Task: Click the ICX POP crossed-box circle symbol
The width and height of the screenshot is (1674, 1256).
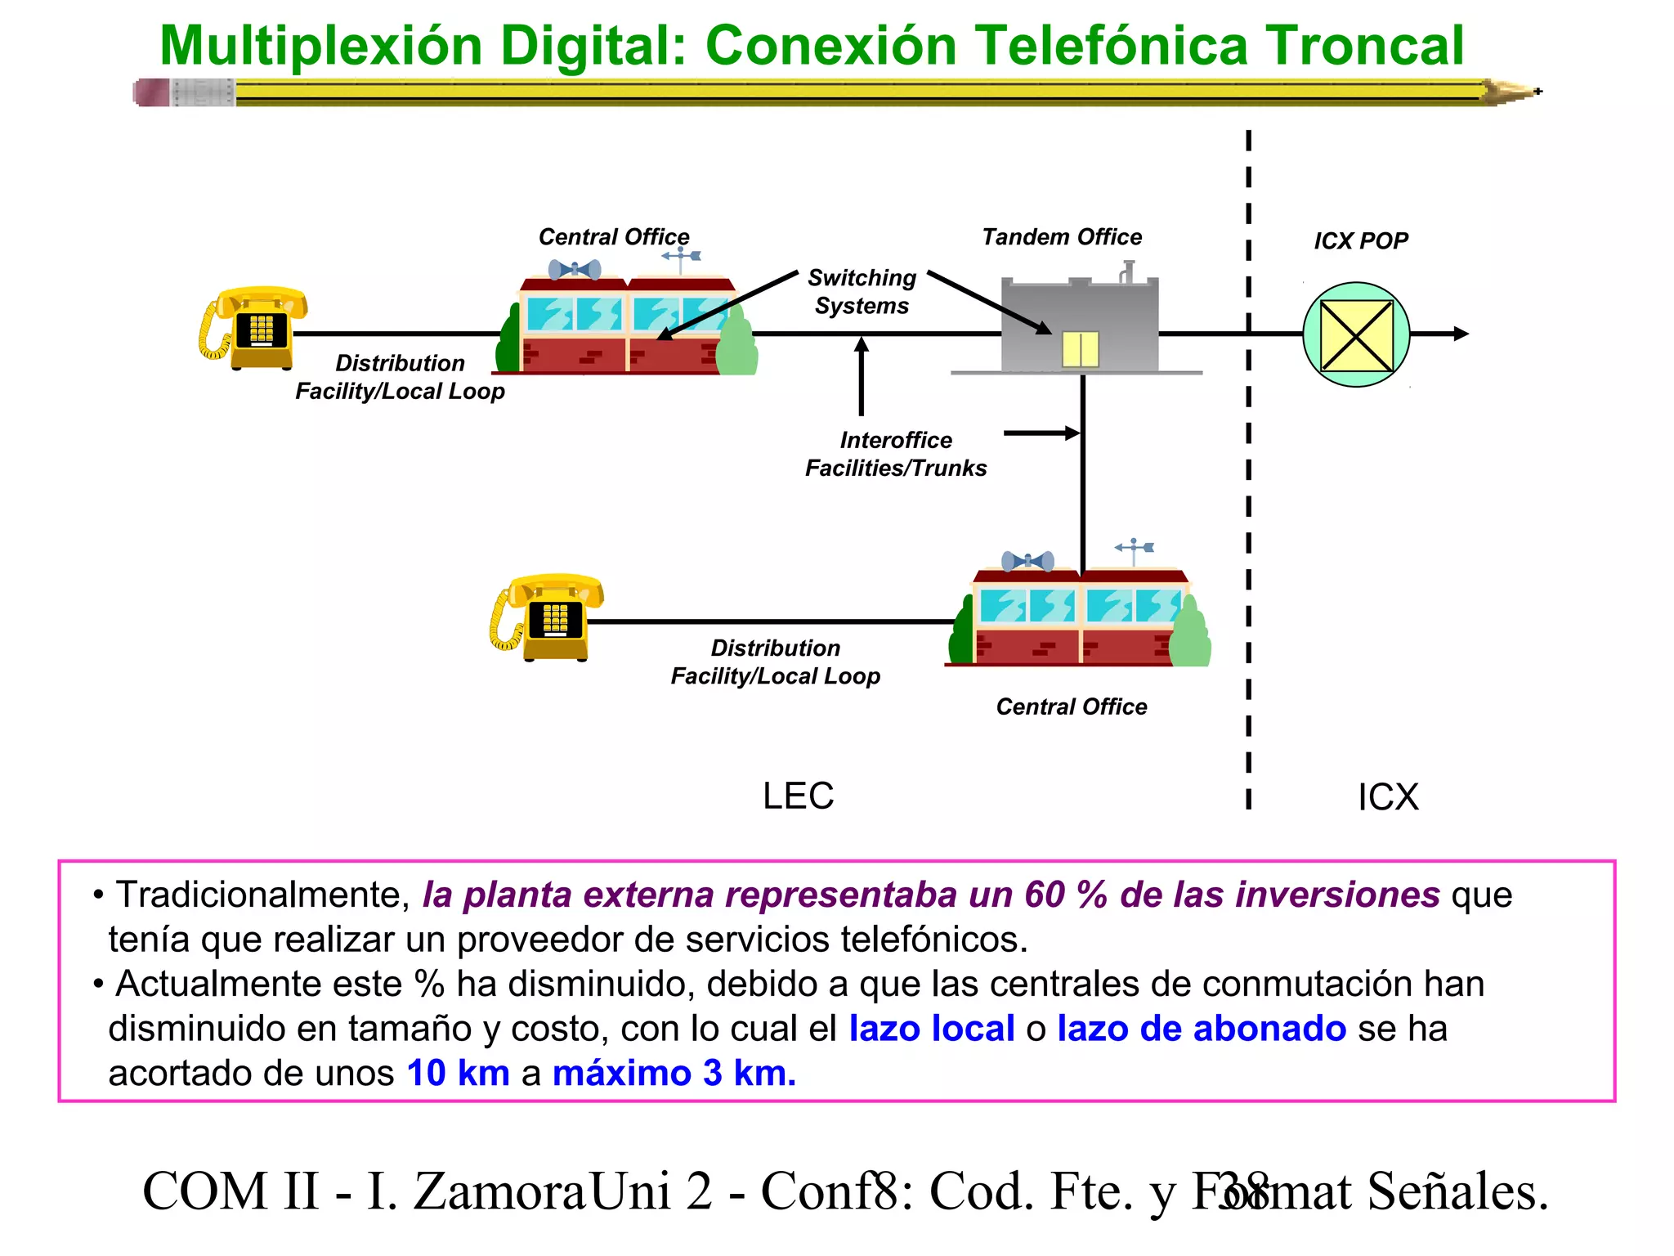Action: [x=1356, y=334]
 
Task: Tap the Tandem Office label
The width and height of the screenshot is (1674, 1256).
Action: [x=1062, y=237]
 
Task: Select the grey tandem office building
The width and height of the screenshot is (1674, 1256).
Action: [x=1080, y=325]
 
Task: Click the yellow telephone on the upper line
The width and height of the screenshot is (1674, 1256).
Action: [x=254, y=327]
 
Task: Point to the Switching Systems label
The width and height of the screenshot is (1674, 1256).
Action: [x=862, y=291]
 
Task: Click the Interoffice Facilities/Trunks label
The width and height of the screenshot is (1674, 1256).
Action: [x=896, y=454]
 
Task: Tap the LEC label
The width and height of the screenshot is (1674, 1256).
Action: [x=798, y=796]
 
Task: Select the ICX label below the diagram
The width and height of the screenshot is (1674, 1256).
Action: [x=1388, y=796]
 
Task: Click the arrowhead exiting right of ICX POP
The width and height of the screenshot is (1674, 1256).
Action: [x=1461, y=334]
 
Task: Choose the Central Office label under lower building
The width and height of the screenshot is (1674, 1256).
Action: [x=1071, y=706]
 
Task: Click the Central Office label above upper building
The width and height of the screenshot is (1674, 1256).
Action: [x=614, y=237]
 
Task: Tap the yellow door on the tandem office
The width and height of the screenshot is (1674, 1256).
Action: [x=1080, y=349]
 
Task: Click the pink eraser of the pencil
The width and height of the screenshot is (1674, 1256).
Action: [x=152, y=92]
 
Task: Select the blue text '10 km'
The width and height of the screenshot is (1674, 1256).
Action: [x=458, y=1073]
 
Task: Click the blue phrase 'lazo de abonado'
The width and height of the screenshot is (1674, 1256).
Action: [x=1201, y=1029]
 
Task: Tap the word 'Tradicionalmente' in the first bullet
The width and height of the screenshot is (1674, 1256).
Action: [x=262, y=895]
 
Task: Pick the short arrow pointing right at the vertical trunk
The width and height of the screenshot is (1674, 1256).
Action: [x=1041, y=433]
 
